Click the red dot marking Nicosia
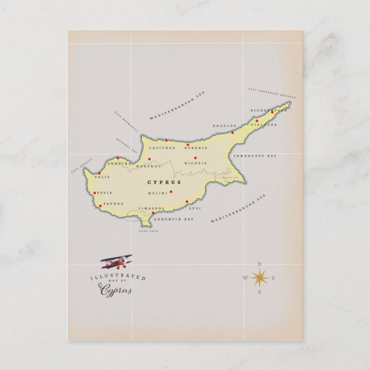195,157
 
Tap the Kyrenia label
196,148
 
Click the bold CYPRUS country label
164,182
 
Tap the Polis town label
102,178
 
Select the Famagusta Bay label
255,156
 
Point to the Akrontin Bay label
176,219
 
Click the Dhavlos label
225,125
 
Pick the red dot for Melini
171,191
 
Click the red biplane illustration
117,263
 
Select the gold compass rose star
260,278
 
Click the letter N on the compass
260,264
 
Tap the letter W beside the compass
245,278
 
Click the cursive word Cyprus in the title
117,290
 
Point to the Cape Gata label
148,232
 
